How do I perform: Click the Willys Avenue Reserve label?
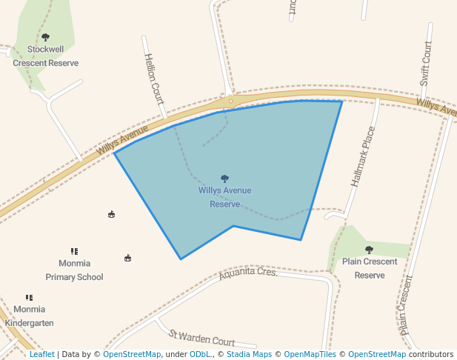click(224, 197)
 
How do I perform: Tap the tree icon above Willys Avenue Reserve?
click(224, 179)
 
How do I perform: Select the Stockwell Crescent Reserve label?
click(45, 56)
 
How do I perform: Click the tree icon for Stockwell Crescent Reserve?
click(45, 37)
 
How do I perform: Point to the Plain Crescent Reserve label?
click(370, 268)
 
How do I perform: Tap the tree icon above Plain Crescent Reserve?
click(369, 250)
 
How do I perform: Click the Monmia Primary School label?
click(74, 270)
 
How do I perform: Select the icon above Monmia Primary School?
click(74, 252)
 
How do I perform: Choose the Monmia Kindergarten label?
click(30, 316)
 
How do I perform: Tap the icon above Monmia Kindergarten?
click(30, 298)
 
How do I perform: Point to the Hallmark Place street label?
click(361, 156)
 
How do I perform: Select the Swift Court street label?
click(426, 64)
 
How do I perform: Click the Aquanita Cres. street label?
click(248, 275)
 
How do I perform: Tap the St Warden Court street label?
click(202, 339)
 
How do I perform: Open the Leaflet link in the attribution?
click(41, 355)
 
